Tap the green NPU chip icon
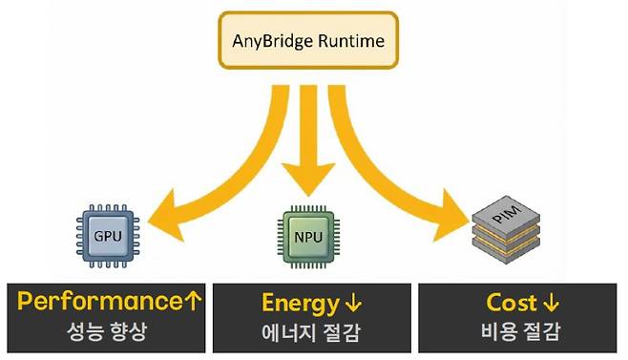pyautogui.click(x=305, y=232)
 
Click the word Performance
pyautogui.click(x=95, y=304)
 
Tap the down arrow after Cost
pyautogui.click(x=551, y=305)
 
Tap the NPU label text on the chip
pyautogui.click(x=305, y=232)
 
